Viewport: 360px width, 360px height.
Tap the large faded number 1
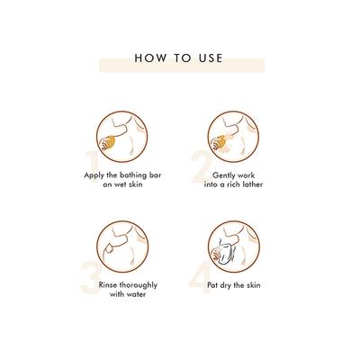coord(92,165)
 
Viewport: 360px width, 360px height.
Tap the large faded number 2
coord(202,166)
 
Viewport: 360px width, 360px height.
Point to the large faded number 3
coord(91,276)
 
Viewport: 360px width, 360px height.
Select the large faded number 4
coord(200,277)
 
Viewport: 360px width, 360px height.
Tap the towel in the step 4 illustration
coord(223,254)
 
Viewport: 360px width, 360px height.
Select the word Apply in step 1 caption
coord(94,175)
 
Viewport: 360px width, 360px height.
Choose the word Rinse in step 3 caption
coord(108,285)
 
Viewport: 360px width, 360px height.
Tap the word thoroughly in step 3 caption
coord(139,285)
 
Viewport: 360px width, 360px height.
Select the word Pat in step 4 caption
coord(212,285)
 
